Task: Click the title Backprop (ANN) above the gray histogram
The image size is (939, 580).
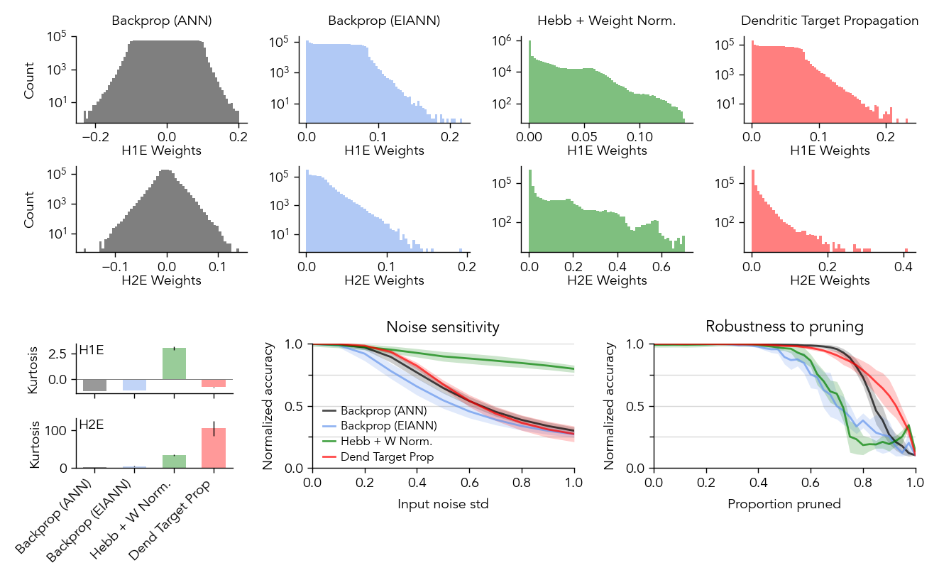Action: [x=162, y=21]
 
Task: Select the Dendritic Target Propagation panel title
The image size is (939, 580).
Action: [x=830, y=21]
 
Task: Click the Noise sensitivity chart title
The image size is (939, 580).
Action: [x=443, y=327]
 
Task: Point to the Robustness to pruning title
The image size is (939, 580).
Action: [x=784, y=327]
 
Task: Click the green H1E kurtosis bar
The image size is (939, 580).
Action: [x=174, y=363]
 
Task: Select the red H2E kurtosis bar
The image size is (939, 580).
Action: [x=214, y=448]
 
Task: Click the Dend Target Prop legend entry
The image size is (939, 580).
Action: [x=387, y=457]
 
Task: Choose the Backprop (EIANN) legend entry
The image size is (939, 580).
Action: [x=388, y=426]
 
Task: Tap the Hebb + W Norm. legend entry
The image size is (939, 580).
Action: [x=386, y=442]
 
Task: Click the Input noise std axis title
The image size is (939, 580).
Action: [x=443, y=505]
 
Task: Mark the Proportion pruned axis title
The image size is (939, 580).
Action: [x=784, y=505]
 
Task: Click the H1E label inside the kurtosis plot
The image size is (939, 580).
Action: [x=91, y=349]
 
